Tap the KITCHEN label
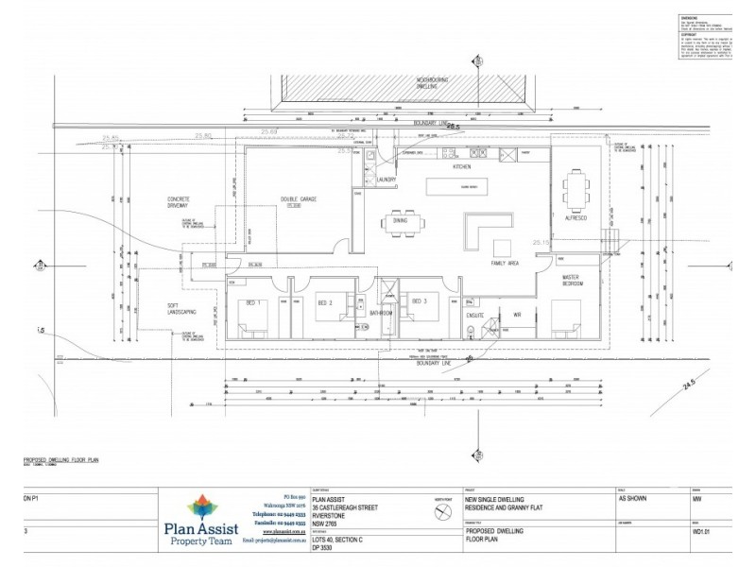point(461,166)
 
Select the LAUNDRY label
point(385,179)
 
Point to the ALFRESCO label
point(576,217)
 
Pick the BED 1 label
point(254,302)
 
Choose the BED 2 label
point(324,302)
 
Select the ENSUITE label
point(474,315)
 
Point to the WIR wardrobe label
point(517,315)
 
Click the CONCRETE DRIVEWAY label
point(179,202)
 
